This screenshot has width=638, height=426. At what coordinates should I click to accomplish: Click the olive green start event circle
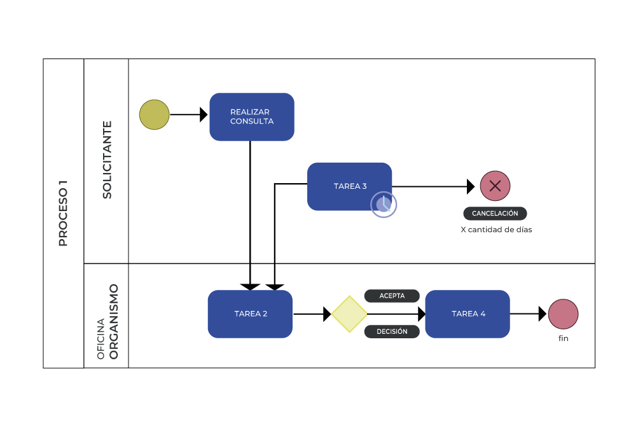tap(155, 115)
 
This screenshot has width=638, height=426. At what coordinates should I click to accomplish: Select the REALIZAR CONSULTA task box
tap(252, 117)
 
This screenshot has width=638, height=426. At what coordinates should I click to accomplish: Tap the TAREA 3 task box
tap(349, 186)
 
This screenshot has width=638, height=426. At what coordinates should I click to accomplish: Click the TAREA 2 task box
tap(250, 314)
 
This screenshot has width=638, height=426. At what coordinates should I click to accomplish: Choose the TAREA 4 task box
tap(468, 314)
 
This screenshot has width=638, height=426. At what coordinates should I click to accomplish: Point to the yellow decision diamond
tap(349, 314)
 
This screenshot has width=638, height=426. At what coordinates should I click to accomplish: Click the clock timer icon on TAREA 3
tap(384, 205)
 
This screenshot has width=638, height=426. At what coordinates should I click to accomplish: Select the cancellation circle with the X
tap(495, 186)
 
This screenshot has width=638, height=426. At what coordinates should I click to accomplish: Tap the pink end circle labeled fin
tap(563, 314)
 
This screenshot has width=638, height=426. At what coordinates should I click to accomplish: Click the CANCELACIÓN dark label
tap(495, 214)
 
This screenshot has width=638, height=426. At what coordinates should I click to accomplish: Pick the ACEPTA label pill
tap(392, 296)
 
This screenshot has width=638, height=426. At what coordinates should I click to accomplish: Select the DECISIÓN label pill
tap(392, 332)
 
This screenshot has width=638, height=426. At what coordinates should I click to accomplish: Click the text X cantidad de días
tap(496, 230)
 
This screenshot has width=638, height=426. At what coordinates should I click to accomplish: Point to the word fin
tap(563, 338)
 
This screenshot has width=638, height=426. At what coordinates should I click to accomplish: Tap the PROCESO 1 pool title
tap(63, 214)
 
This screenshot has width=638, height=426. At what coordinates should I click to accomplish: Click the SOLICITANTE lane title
tap(107, 160)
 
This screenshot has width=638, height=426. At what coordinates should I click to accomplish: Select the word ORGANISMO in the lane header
tap(114, 322)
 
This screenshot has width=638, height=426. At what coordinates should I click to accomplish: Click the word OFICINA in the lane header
tap(101, 338)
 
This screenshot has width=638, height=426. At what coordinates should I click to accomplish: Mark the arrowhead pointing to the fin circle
tap(543, 314)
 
